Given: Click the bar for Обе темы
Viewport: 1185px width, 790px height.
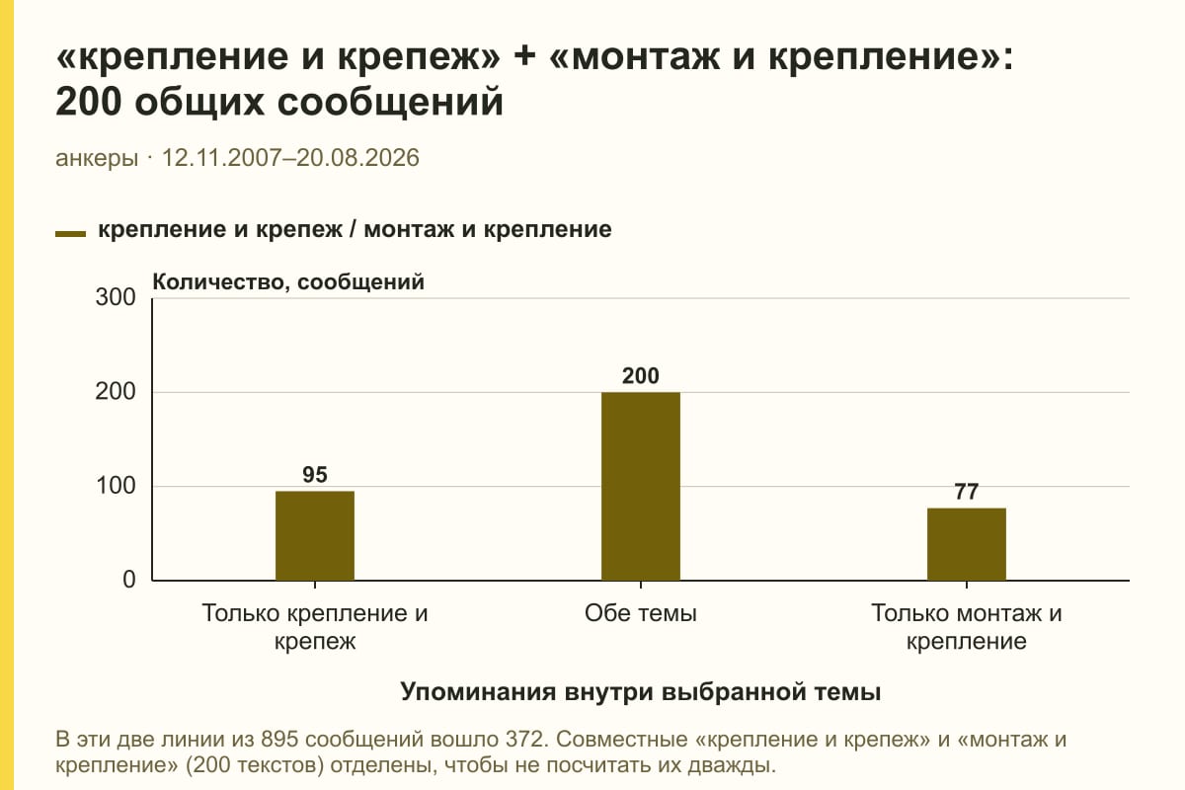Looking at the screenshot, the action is point(641,486).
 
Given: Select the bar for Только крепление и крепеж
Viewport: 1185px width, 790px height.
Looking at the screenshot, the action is point(315,535).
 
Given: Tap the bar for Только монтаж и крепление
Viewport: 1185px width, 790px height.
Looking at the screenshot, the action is point(967,544).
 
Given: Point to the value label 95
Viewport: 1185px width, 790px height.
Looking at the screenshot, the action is point(315,475).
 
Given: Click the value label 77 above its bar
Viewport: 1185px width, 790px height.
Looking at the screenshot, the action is point(967,492).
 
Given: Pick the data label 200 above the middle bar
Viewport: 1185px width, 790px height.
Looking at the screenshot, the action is point(641,375).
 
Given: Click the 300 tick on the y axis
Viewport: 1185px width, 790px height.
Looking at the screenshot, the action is point(116,297).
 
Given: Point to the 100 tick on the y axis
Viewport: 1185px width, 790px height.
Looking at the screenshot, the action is point(116,486).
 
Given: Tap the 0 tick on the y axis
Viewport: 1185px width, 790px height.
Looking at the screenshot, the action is point(129,580).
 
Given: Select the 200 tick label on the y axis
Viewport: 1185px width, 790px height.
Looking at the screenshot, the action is point(116,392).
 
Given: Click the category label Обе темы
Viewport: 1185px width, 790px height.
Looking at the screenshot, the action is point(641,613).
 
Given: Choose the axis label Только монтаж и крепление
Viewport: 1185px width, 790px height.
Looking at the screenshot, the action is point(967,627).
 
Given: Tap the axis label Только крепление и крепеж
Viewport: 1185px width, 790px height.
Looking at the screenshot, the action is point(315,627).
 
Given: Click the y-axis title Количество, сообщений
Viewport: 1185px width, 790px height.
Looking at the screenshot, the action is point(288,282).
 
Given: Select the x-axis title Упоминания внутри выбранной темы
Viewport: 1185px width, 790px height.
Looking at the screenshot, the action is point(641,691).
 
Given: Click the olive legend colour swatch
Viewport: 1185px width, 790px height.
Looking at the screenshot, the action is point(70,234).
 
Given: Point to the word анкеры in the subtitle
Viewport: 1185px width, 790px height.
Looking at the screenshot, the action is point(97,158).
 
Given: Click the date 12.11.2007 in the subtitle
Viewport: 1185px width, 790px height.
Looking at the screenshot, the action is point(221,158).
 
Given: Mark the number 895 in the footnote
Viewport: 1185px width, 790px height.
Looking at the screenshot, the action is point(279,740).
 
